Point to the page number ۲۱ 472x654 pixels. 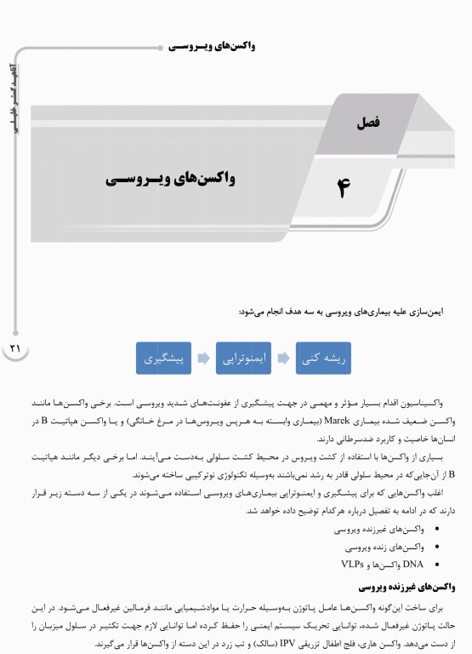click(x=14, y=348)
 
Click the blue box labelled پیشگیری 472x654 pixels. click(x=164, y=359)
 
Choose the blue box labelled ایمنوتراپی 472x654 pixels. click(x=243, y=359)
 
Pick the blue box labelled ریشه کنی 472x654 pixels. click(x=322, y=359)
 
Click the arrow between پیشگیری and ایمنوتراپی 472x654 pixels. click(x=204, y=359)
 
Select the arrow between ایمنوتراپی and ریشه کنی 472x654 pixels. click(x=283, y=359)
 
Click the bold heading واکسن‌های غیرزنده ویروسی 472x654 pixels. click(x=410, y=587)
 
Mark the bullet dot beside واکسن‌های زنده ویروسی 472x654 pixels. click(x=437, y=547)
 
